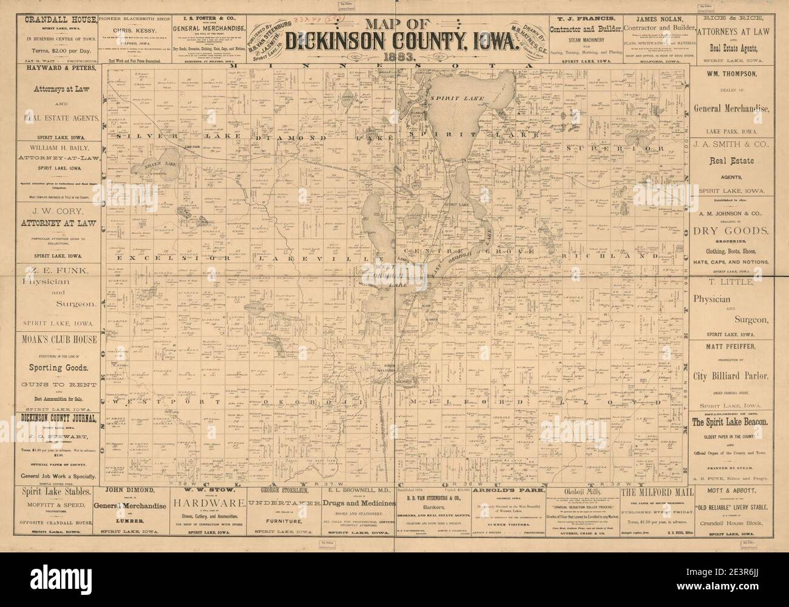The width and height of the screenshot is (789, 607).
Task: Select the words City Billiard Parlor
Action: pos(730,375)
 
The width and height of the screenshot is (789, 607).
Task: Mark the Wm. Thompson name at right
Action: pos(730,75)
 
